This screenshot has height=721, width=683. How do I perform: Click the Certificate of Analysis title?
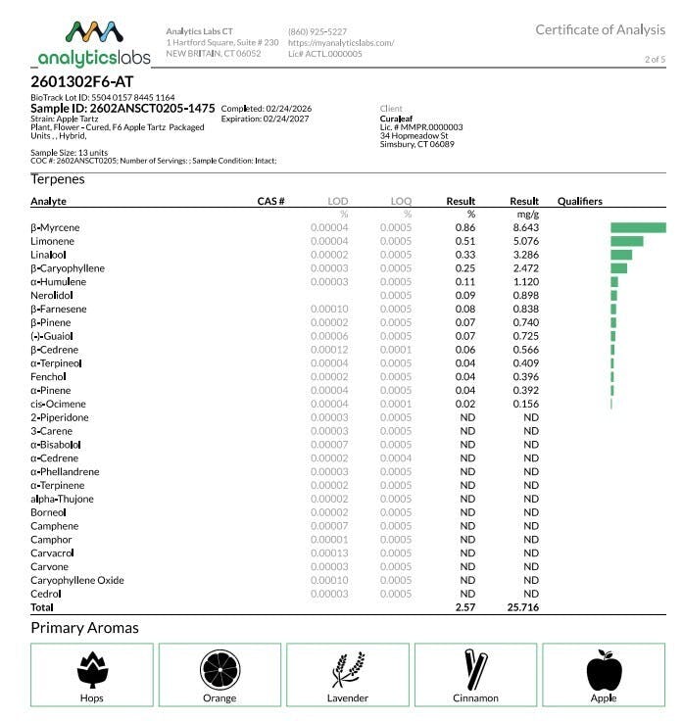(x=600, y=29)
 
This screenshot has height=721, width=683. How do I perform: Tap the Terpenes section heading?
(x=58, y=179)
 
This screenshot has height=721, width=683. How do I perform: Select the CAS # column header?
(x=270, y=201)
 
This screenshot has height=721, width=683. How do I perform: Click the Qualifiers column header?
(x=580, y=201)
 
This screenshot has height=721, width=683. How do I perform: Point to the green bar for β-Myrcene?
(x=638, y=227)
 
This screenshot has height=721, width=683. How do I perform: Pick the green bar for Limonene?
(x=626, y=241)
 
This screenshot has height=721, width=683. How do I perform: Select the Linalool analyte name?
(x=49, y=255)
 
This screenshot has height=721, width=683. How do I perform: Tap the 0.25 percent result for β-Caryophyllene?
(x=463, y=268)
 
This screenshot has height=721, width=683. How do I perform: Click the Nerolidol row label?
(x=52, y=295)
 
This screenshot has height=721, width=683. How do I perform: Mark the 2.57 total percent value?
(x=463, y=607)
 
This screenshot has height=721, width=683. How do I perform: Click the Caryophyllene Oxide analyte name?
(x=77, y=580)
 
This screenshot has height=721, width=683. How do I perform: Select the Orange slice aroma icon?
(x=220, y=669)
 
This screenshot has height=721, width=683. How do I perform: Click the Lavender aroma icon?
(x=347, y=670)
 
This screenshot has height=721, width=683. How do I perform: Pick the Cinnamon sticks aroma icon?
(x=476, y=669)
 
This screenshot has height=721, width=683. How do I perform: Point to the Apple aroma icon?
(x=604, y=670)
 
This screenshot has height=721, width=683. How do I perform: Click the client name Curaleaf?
(x=399, y=118)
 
